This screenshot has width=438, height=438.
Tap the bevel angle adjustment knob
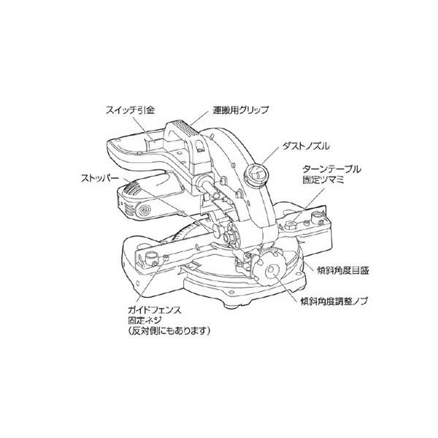click(273, 266)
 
